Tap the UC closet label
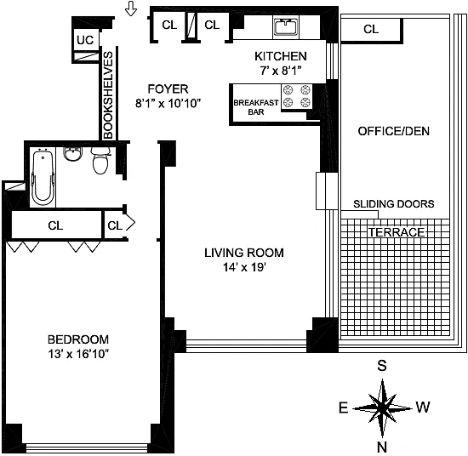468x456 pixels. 85,40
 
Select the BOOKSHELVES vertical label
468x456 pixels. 108,95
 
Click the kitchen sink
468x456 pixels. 286,26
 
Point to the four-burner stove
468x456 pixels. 297,96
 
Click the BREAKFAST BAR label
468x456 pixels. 256,107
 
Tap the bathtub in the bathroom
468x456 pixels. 43,179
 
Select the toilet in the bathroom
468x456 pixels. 100,160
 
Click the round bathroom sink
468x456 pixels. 71,154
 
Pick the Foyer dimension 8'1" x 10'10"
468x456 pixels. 168,104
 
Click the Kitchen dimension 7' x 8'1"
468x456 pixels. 281,71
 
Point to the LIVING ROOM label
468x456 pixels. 244,253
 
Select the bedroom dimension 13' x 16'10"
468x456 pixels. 78,354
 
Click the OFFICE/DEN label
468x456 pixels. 394,131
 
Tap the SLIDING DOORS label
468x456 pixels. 394,204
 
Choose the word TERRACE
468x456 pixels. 397,232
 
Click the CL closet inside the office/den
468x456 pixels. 371,29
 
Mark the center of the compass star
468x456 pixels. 382,408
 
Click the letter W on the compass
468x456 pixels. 423,407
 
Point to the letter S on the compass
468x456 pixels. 382,366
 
